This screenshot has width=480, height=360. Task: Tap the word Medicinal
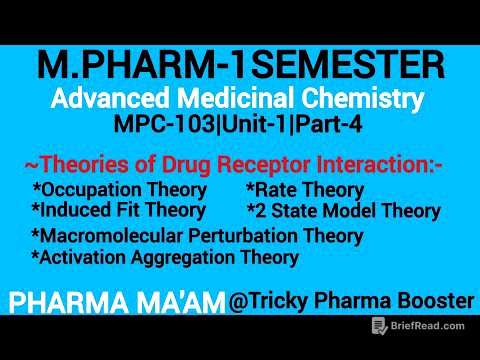(233, 100)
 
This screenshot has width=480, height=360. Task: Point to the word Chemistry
(363, 100)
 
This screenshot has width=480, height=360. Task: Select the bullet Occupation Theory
(119, 190)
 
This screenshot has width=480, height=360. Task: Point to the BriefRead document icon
(379, 326)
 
